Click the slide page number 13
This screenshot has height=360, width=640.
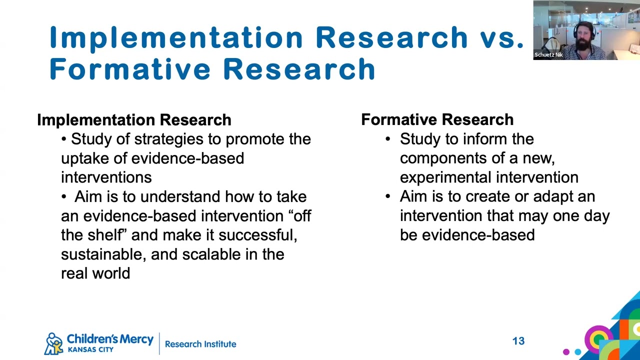coord(518,341)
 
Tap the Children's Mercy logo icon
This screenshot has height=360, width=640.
coord(54,343)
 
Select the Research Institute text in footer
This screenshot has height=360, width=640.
coord(200,344)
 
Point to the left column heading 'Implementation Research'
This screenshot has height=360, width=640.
coord(134,120)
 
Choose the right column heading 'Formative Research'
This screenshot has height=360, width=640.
coord(437,119)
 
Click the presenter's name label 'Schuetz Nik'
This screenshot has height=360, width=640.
coord(548,55)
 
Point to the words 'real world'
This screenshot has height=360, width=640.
coord(95,273)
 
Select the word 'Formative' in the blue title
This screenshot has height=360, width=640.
coord(128,68)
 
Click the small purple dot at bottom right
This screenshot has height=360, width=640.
coord(566,351)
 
